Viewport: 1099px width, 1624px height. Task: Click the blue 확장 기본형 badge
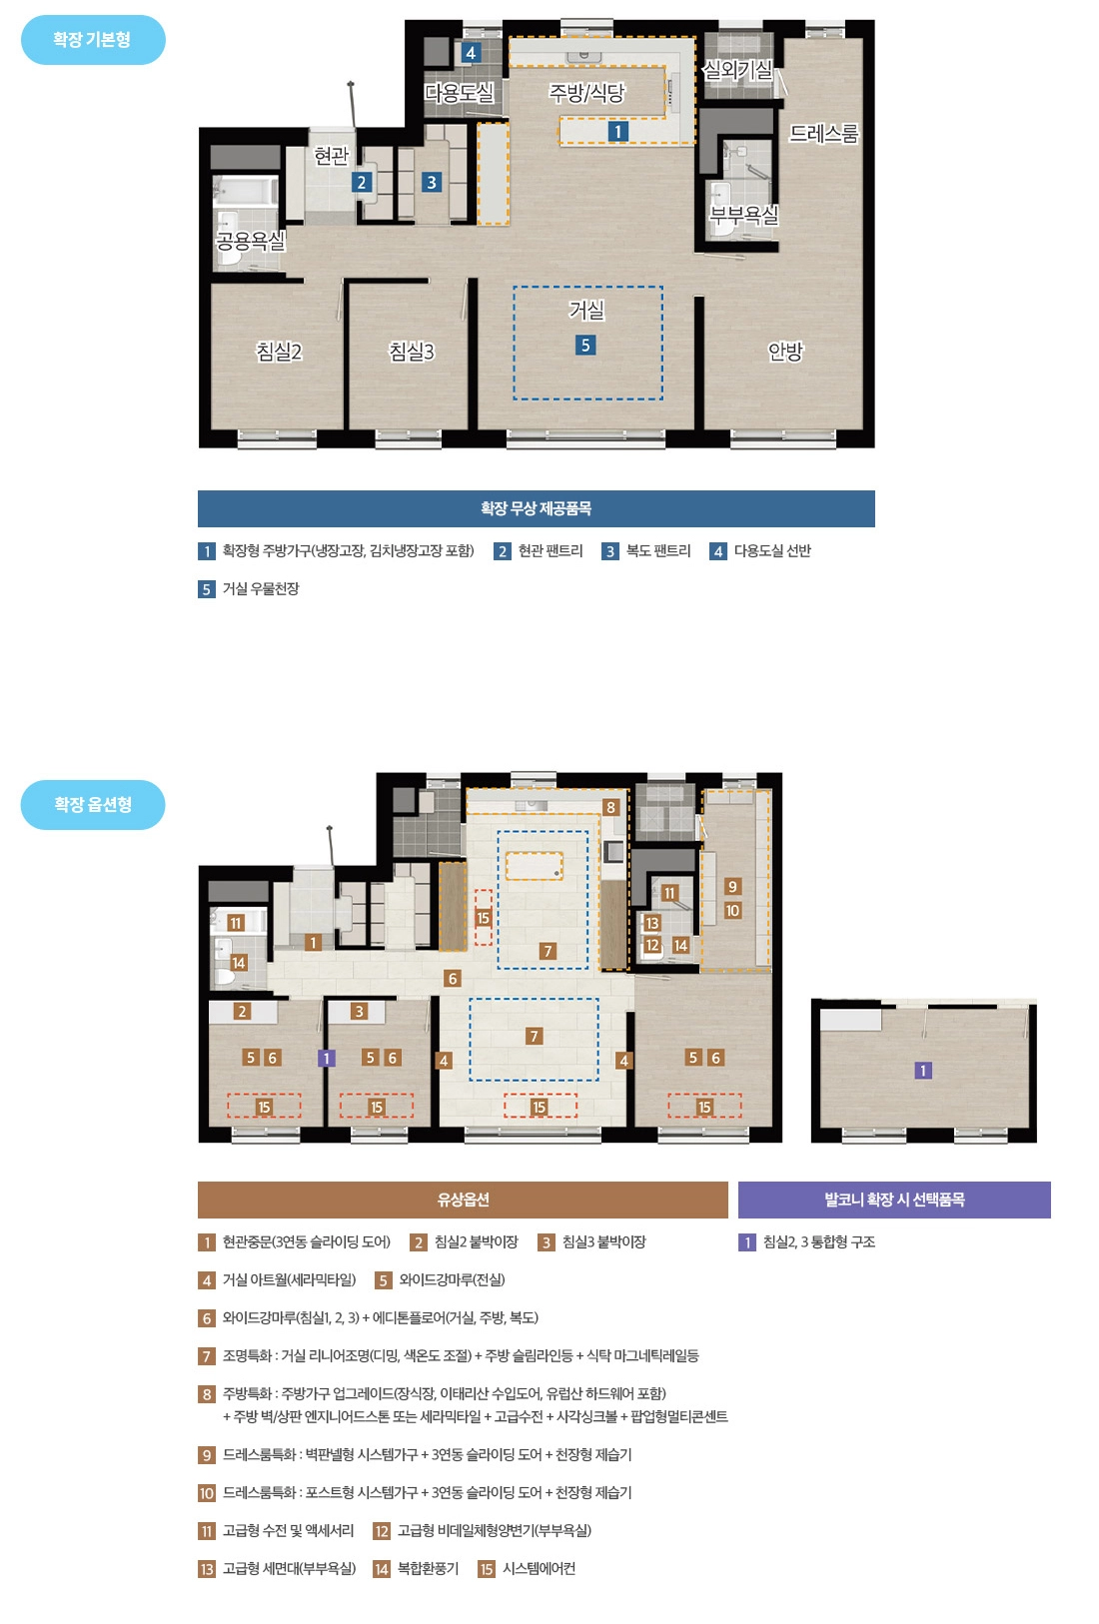93,40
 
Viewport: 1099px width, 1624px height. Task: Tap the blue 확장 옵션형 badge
93,805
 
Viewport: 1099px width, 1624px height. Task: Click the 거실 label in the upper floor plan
586,311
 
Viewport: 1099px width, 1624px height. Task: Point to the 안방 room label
785,352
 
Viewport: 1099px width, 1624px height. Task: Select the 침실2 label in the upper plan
280,352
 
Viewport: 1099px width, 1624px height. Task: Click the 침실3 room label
412,352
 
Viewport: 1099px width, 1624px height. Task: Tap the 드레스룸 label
824,134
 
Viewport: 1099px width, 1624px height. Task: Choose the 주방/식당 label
586,93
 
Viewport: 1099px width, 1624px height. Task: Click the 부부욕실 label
744,215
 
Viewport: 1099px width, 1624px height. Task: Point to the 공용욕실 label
251,240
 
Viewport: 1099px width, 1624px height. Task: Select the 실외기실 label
737,70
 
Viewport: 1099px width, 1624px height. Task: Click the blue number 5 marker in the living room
585,346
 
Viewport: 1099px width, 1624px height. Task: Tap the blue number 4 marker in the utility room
471,52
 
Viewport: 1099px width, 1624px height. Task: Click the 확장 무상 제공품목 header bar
537,509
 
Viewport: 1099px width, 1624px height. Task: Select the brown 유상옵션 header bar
463,1200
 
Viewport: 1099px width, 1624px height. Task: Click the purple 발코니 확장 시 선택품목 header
894,1200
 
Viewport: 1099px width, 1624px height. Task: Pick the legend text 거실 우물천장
261,588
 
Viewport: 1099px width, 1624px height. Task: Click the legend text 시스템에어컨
539,1569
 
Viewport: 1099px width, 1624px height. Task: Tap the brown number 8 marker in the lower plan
610,807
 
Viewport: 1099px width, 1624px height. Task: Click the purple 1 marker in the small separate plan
923,1070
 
